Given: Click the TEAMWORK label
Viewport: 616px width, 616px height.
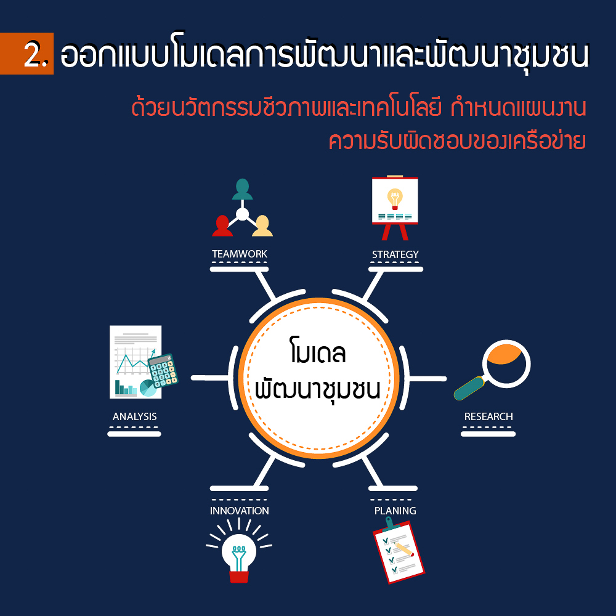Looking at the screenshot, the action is coord(240,254).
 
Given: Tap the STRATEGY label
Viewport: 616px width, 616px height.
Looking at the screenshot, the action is coord(395,254).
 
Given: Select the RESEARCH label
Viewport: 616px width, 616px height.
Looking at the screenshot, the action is coord(488,416).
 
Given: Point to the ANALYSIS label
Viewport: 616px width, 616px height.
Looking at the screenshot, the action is coord(134,416).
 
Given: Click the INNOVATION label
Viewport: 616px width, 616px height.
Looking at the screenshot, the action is coord(239,511).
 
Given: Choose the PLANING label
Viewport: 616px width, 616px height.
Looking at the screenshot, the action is coord(395,511).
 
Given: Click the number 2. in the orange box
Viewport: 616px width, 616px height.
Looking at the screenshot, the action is coord(36,54).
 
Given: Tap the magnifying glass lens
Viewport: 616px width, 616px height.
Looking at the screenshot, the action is coord(506,363).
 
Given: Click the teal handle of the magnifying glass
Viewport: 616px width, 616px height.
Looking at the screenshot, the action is coord(469,388).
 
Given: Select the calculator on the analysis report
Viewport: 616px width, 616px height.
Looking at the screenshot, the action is coord(163,371).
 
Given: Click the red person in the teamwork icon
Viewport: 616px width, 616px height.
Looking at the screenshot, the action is coord(222,226).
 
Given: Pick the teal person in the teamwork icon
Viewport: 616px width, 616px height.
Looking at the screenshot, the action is coord(242,189).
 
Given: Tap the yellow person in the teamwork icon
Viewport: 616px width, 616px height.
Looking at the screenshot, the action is coord(262,226).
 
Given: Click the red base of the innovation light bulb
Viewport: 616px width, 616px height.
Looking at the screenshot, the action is coord(239,577).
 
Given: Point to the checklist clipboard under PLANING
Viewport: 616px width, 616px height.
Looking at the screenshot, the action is coord(398,550).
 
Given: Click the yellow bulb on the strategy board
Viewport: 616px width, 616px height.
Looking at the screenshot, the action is coord(395,199).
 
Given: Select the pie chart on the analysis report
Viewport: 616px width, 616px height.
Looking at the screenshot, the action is coord(148,388).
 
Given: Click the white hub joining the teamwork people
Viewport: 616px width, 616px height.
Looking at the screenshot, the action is coord(242,214).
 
